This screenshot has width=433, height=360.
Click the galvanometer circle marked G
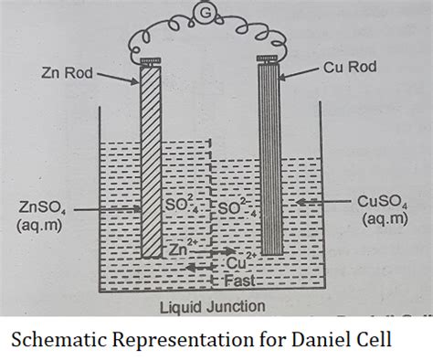[x=206, y=13]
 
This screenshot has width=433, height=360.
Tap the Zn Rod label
[x=67, y=73]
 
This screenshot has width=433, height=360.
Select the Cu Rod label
[x=350, y=67]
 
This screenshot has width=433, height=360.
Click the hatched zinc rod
[x=151, y=162]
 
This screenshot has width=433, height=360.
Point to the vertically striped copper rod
[x=269, y=158]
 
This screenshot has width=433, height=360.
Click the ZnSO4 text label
[x=42, y=208]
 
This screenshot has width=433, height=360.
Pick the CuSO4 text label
[x=383, y=202]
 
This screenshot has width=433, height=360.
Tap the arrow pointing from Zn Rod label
[x=117, y=78]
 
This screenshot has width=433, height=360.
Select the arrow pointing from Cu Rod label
[x=298, y=74]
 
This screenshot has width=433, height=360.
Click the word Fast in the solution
[x=239, y=281]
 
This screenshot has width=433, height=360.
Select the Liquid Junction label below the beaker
[x=213, y=307]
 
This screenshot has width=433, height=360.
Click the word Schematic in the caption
[x=58, y=339]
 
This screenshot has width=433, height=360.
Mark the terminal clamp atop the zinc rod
[x=151, y=62]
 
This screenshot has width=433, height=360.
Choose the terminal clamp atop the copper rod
[x=268, y=59]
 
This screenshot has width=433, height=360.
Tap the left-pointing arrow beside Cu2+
[x=201, y=268]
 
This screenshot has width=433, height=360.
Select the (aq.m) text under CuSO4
[x=385, y=218]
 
